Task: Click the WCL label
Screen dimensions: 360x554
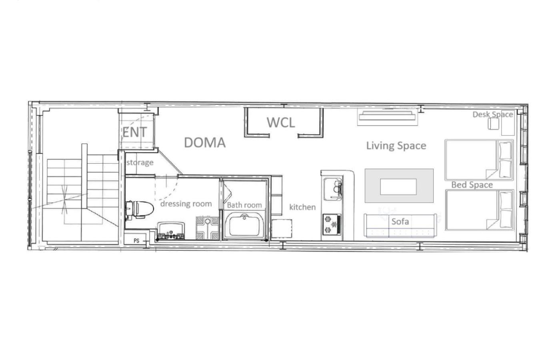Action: (281, 122)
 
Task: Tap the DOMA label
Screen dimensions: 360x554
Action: (204, 142)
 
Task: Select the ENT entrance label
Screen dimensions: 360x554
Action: (134, 132)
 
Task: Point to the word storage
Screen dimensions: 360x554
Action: (140, 162)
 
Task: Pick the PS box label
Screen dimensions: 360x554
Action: (136, 241)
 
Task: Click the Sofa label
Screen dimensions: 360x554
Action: (400, 221)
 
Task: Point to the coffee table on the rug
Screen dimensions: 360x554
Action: (398, 186)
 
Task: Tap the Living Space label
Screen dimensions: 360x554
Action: (396, 146)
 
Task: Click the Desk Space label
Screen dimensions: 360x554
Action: (492, 114)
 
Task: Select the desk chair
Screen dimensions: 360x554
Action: (492, 124)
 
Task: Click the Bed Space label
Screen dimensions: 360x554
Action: (472, 185)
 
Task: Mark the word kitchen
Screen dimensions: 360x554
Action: (302, 207)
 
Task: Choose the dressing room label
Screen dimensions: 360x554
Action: (186, 204)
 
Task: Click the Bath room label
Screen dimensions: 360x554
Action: (244, 205)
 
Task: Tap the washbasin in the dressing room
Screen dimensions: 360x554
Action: (171, 232)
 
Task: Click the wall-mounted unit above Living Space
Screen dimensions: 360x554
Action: (387, 116)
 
